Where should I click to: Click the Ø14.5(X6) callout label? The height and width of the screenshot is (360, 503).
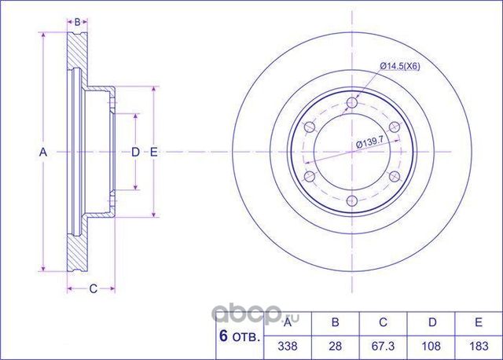point(400,66)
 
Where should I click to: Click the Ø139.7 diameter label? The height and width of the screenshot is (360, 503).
point(370,143)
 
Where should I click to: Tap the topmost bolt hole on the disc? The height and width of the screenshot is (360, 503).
point(352,103)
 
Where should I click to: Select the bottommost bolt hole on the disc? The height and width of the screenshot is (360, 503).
point(352,201)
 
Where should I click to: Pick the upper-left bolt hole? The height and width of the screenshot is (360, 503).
point(310,127)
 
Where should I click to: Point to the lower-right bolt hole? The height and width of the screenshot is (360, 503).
point(395,176)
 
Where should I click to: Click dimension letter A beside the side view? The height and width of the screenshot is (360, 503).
point(43,152)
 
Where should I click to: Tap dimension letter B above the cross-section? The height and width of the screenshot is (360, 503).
point(77,22)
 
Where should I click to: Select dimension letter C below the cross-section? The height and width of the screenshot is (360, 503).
point(93,289)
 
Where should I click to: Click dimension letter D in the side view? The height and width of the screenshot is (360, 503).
point(136,152)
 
